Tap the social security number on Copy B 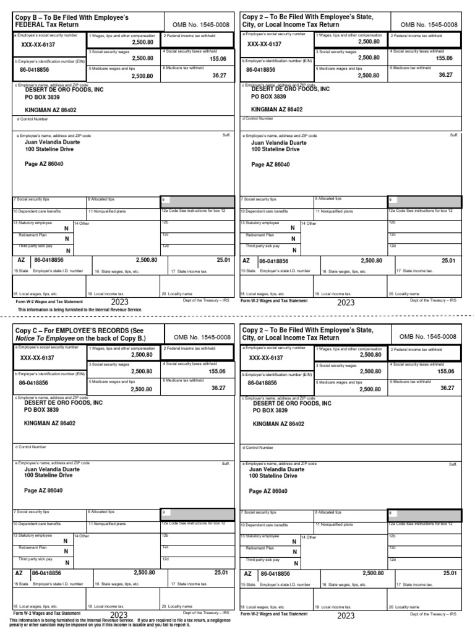click(38, 45)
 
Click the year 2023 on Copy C click(118, 615)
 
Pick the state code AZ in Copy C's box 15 click(19, 573)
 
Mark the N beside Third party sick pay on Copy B click(68, 251)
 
